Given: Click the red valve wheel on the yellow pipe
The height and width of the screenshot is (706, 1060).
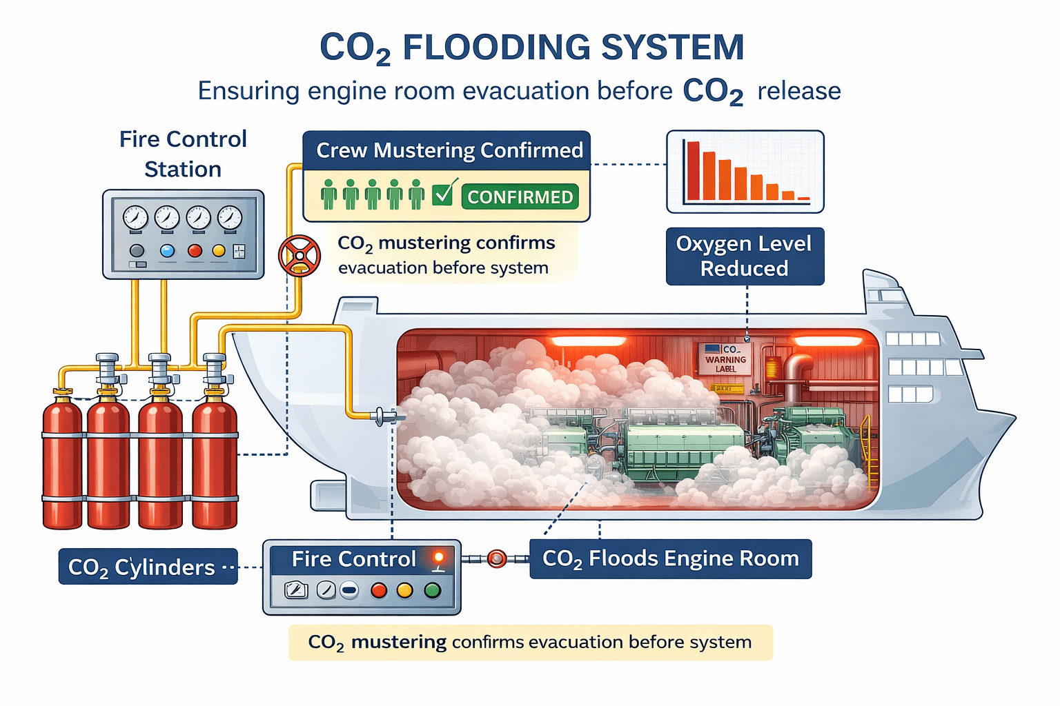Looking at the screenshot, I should (x=299, y=256).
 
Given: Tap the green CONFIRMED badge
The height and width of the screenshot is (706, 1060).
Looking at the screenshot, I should (x=520, y=197).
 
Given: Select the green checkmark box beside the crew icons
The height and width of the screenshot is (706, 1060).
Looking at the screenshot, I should (x=442, y=194).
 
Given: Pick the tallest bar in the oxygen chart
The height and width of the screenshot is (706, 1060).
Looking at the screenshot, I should (x=693, y=170).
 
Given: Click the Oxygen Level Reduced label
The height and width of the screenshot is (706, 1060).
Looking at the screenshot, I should (x=745, y=256).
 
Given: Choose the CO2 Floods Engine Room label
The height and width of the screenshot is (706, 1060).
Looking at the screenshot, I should (x=670, y=558).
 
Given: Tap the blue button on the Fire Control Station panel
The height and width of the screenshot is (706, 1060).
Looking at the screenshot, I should (x=167, y=250).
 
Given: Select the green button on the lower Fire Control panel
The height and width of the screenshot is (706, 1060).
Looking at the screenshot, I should (x=432, y=590).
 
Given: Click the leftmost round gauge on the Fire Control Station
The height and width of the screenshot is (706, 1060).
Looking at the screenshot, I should (x=135, y=218).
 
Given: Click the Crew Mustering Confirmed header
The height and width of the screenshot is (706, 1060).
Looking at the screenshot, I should (x=449, y=150).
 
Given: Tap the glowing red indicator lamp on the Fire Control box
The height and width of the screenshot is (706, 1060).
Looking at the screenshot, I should (x=438, y=557).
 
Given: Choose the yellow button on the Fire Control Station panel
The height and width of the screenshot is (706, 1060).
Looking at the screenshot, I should (x=219, y=250).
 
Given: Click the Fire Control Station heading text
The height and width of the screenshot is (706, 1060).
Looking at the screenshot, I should (x=183, y=154).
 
